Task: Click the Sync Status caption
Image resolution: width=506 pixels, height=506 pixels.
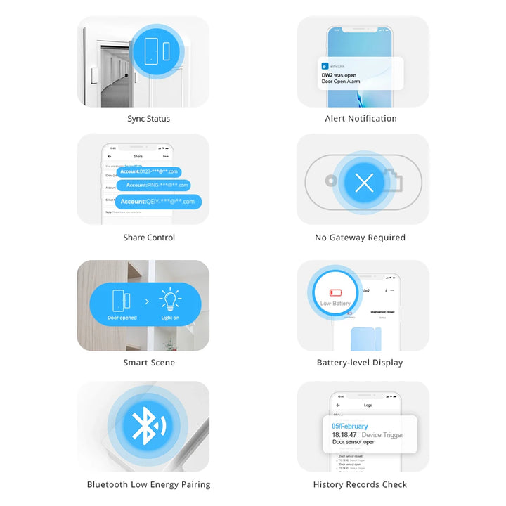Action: (x=148, y=119)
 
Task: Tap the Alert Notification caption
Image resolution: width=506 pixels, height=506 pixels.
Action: (x=361, y=119)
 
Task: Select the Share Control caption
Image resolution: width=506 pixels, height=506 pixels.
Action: (x=149, y=238)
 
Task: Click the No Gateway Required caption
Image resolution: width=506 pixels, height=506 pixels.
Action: (x=360, y=238)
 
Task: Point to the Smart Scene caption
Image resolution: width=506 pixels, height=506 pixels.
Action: (x=149, y=363)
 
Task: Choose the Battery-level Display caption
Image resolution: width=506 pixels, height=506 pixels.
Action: (x=360, y=363)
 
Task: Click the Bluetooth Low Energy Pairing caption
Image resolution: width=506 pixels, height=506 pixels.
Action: (x=148, y=484)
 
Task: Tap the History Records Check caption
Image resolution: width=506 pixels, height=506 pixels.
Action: (x=360, y=484)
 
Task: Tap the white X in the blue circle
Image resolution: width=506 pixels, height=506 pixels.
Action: (x=364, y=183)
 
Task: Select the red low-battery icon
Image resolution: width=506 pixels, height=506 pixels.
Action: (x=335, y=292)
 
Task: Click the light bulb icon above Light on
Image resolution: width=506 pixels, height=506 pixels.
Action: (x=169, y=300)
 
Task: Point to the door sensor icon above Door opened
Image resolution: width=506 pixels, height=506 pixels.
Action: (x=122, y=300)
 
